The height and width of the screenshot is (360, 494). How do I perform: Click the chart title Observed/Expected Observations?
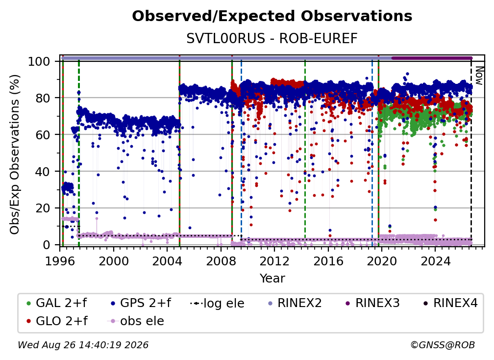coord(272,16)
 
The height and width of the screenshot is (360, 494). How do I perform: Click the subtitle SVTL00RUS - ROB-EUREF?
coord(272,38)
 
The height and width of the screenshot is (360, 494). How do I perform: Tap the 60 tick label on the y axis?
coord(43,134)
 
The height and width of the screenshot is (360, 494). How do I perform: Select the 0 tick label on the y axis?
coord(47,245)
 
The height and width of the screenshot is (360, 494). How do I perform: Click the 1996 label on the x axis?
coord(60,261)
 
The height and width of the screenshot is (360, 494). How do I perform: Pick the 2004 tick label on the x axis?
coord(167,261)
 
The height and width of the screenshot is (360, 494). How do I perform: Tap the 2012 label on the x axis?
coord(274,261)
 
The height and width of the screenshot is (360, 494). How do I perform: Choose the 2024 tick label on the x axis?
coord(435,261)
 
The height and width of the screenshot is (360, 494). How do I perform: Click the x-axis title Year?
coord(272,278)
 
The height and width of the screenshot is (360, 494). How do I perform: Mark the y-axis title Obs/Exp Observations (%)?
coord(15,154)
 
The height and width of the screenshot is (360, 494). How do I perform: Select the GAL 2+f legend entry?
coord(57,303)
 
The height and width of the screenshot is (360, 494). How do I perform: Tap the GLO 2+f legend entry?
coord(57,321)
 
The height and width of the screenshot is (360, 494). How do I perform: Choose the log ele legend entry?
coord(217,303)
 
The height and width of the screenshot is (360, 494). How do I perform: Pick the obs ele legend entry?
coord(136,321)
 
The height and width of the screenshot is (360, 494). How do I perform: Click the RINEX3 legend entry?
coord(372,303)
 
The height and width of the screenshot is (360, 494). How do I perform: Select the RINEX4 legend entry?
coord(450,303)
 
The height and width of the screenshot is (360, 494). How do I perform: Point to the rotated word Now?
coord(479,76)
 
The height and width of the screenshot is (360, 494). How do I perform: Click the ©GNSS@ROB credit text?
coord(443,345)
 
